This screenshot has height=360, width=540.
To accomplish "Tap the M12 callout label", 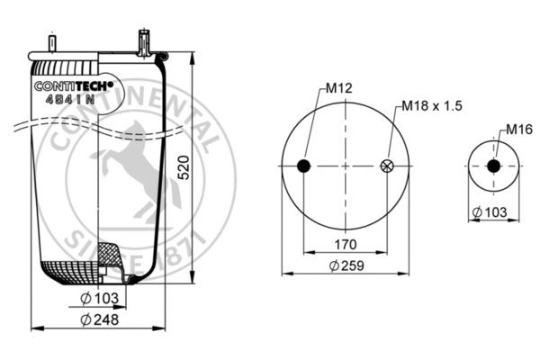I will click(337, 88).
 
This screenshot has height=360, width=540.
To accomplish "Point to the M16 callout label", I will click(516, 130).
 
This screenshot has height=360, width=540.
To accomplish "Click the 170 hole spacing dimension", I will click(346, 243).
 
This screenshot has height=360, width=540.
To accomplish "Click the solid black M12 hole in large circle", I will click(303, 166).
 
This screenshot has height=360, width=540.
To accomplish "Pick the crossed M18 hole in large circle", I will click(388, 166).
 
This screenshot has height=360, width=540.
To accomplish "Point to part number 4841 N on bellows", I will click(69, 100).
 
